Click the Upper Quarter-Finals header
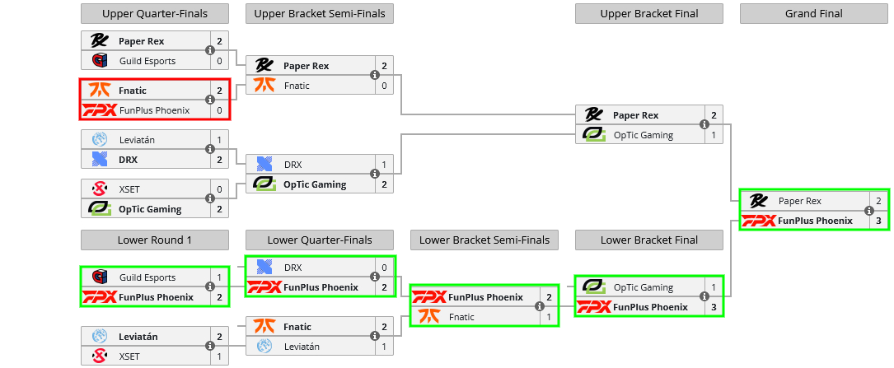154,13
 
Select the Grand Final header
813,13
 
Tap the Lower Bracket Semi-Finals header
484,240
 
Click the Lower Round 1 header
154,240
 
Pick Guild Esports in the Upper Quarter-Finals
147,61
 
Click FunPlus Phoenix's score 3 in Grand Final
878,221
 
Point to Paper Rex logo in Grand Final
759,201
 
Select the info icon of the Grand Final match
869,211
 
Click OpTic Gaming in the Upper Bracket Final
643,135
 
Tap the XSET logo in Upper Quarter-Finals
100,189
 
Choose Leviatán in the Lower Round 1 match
138,337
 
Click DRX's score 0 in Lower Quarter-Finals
384,268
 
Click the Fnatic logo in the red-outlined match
100,91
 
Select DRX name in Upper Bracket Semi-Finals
293,165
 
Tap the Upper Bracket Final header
648,13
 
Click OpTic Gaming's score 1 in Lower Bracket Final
714,288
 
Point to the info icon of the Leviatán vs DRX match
210,150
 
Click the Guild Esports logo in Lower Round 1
100,278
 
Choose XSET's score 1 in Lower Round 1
219,356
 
